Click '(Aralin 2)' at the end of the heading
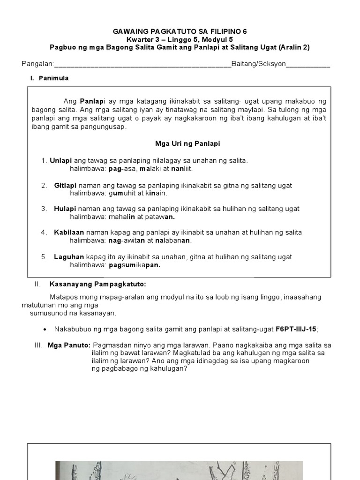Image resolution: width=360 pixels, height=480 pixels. pos(294,47)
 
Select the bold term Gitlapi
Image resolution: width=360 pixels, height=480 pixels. pos(65,186)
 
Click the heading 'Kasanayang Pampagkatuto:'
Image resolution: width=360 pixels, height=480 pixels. pos(97,285)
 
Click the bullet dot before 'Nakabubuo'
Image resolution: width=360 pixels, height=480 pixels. pos(44,329)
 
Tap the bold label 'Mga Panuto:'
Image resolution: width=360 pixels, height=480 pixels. pos(68,345)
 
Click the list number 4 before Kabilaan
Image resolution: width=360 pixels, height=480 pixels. pos(43,232)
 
